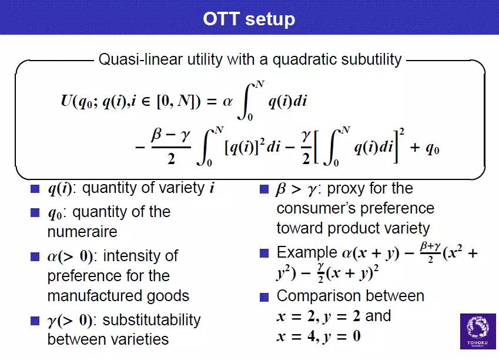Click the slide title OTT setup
click(249, 19)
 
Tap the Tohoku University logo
click(478, 331)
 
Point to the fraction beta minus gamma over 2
click(171, 147)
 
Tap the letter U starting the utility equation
click(66, 101)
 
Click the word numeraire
click(82, 232)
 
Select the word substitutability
click(152, 320)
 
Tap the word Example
click(307, 253)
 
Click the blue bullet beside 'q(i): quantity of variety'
click(35, 189)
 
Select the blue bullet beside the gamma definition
click(35, 321)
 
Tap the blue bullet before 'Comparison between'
click(264, 297)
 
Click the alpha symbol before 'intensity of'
click(52, 256)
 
